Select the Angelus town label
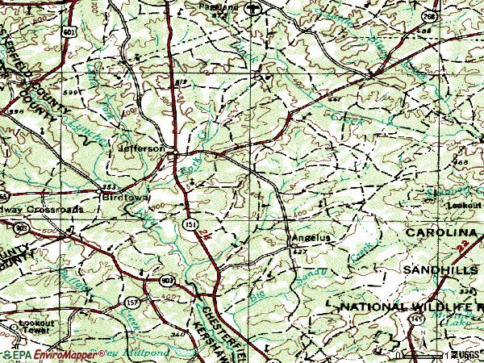click(311, 238)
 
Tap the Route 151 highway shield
click(187, 223)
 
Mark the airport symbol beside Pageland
click(255, 10)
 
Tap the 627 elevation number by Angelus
click(300, 252)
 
